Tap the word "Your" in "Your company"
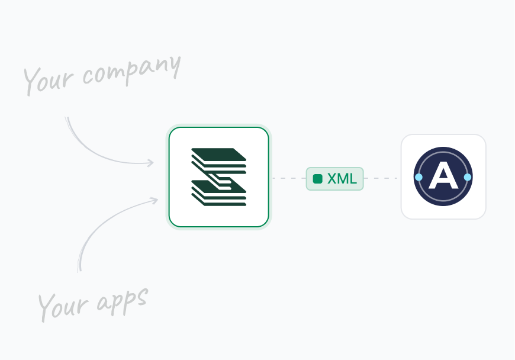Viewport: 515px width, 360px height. coord(50,80)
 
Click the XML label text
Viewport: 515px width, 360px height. coord(342,179)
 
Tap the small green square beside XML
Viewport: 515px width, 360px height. coord(318,179)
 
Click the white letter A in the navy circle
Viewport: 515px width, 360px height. coord(443,177)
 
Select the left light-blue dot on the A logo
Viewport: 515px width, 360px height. coord(419,177)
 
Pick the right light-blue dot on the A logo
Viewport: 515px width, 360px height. coord(468,177)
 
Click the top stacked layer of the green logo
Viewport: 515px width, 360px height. coord(218,154)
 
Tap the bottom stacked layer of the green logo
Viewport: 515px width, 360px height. coord(219,200)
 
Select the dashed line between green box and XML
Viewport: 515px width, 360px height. coord(288,178)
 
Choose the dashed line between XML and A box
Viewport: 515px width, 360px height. coord(381,178)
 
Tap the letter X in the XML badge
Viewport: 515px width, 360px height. coord(332,179)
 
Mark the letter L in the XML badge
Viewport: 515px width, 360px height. coord(353,179)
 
